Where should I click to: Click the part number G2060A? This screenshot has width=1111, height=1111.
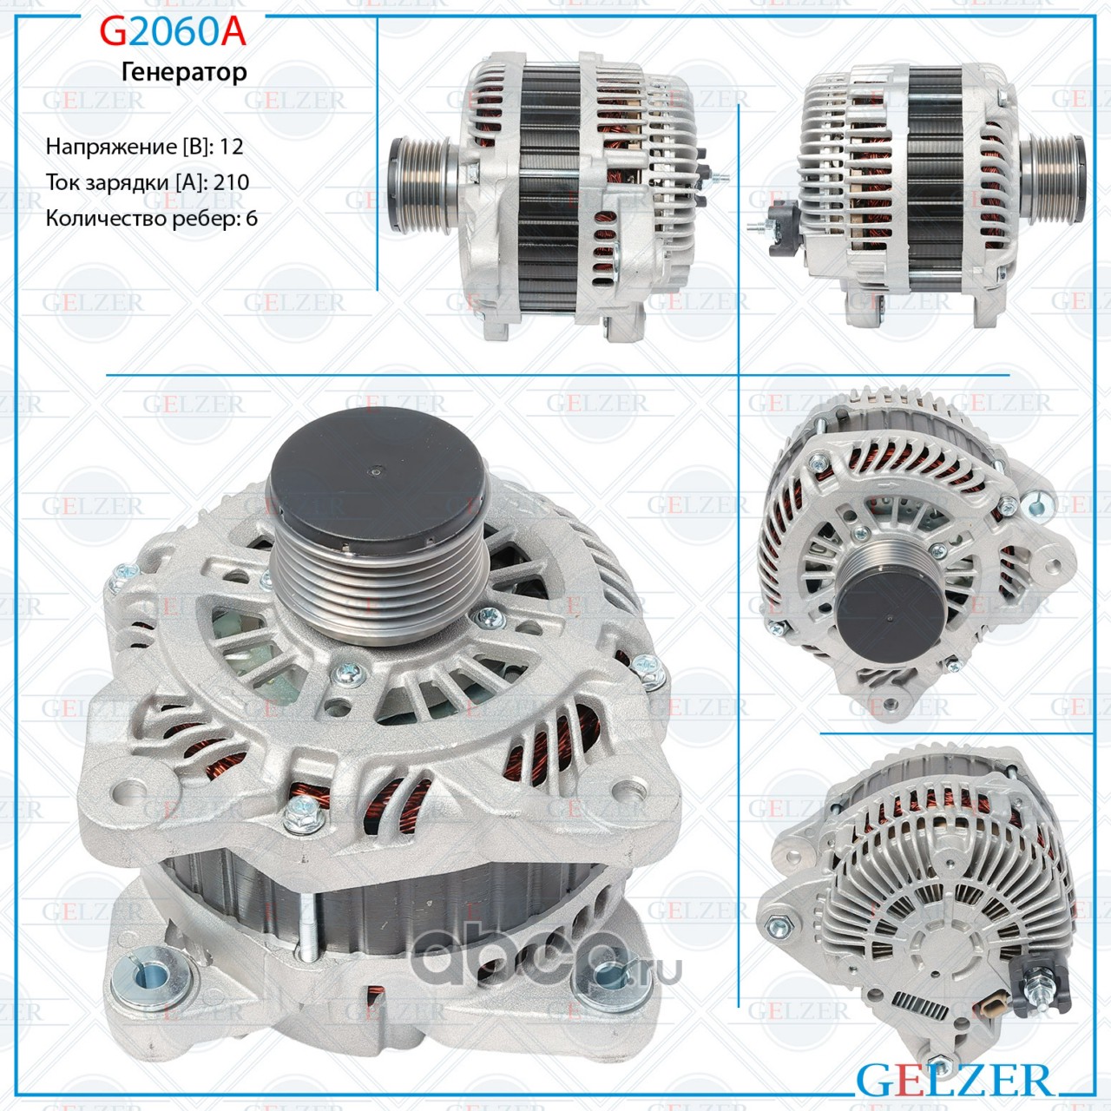click(x=173, y=32)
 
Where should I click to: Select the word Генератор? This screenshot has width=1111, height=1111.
click(x=184, y=72)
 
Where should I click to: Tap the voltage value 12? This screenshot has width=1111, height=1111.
click(x=231, y=147)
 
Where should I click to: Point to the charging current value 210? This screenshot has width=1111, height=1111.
click(x=231, y=182)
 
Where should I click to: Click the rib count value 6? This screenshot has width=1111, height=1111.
click(x=251, y=219)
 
